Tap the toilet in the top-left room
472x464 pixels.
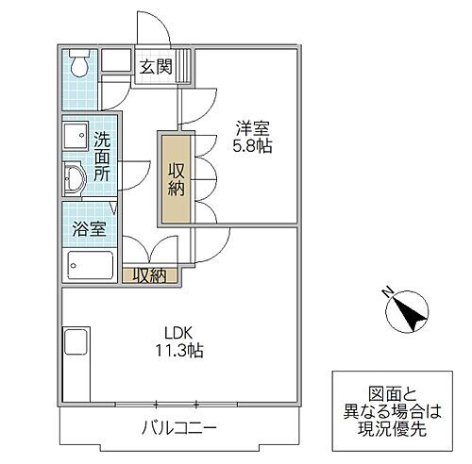coord(79,65)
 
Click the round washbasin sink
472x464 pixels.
coord(76,176)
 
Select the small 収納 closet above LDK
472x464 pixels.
coord(148,275)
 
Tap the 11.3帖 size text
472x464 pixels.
coord(181,351)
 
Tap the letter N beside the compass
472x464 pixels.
coord(385,292)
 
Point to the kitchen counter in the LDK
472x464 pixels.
coord(75,367)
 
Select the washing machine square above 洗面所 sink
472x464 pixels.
coord(75,135)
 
